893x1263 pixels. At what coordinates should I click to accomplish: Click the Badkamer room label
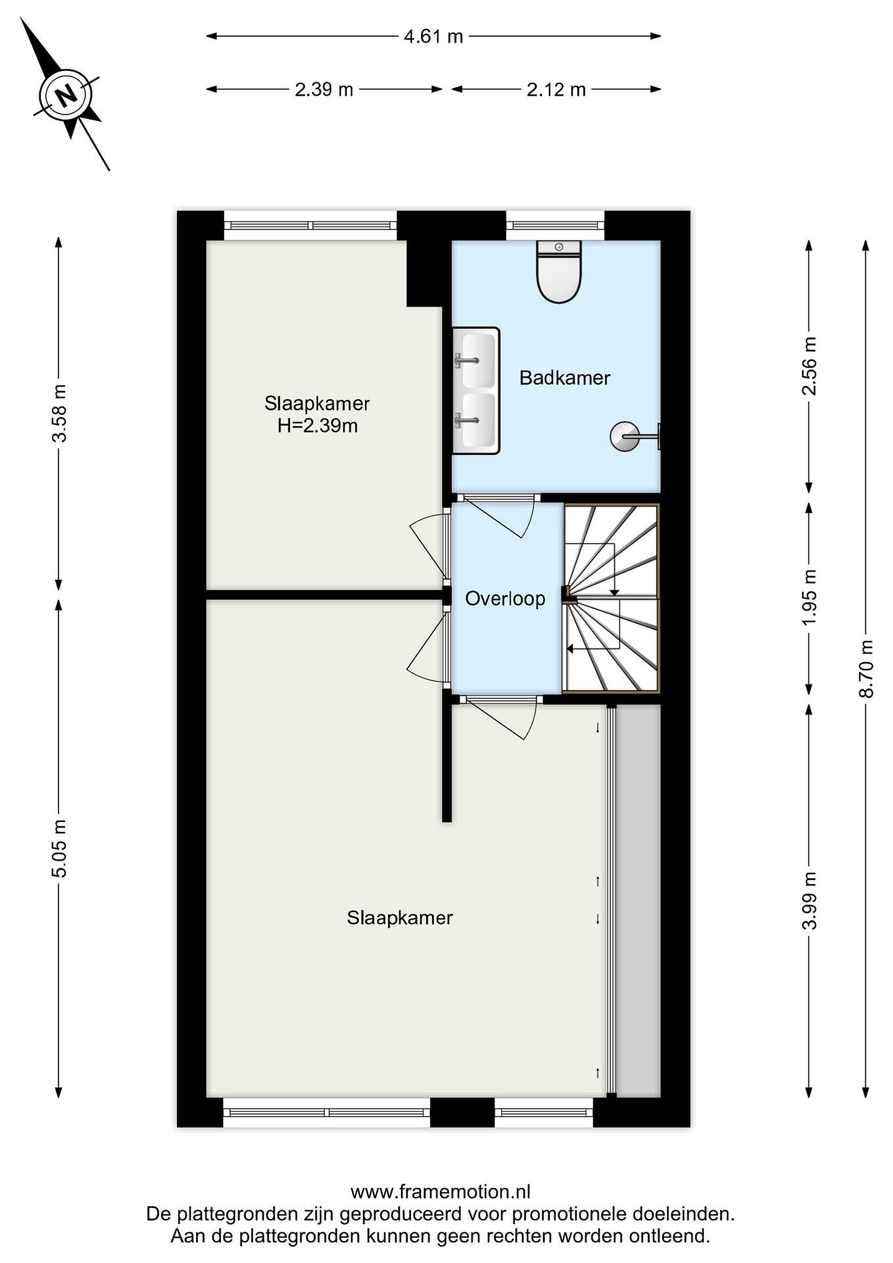(x=565, y=378)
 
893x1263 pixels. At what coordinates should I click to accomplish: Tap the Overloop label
(x=505, y=599)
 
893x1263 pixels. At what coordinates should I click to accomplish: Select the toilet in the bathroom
(x=559, y=272)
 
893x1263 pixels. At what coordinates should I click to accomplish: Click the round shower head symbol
(x=625, y=436)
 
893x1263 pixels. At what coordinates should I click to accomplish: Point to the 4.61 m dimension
(x=433, y=36)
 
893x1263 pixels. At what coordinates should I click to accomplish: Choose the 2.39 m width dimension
(x=324, y=89)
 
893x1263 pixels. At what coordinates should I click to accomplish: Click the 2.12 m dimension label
(x=556, y=89)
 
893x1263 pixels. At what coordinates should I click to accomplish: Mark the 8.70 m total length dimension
(x=866, y=669)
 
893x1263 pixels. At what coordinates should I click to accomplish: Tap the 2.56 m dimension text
(x=809, y=366)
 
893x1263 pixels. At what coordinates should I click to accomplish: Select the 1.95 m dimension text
(x=809, y=597)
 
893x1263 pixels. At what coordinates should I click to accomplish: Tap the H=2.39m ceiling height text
(x=317, y=426)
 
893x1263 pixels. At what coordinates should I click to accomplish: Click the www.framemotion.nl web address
(x=441, y=1192)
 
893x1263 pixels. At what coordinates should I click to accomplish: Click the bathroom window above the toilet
(x=555, y=225)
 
